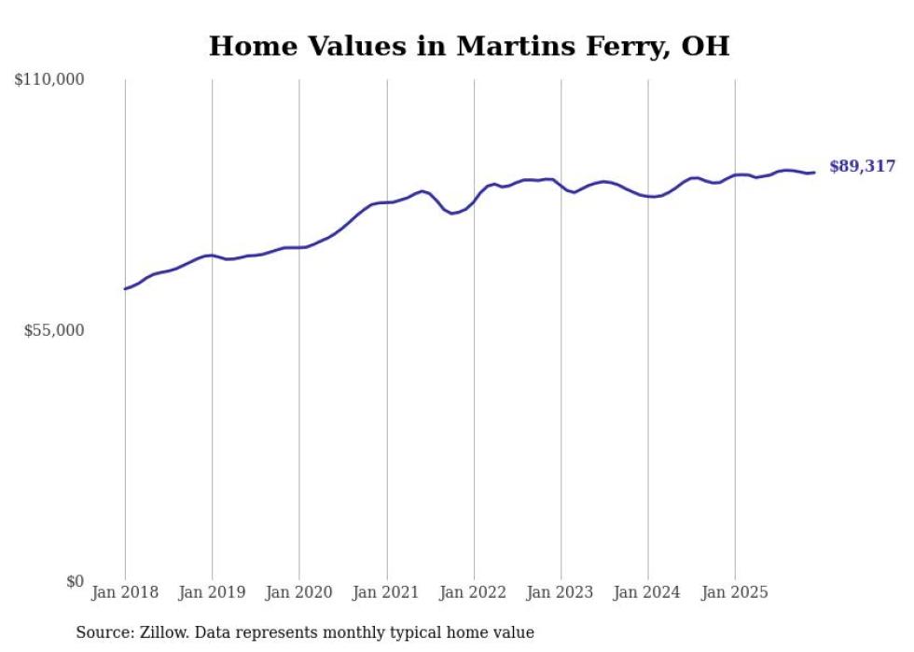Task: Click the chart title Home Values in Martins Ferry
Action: [x=468, y=45]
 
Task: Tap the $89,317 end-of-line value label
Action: [x=862, y=167]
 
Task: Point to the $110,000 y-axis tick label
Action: [x=49, y=80]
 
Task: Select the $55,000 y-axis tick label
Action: [x=53, y=330]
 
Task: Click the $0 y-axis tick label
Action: [x=75, y=581]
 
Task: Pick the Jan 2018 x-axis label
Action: [x=125, y=592]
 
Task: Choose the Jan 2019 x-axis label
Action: [x=212, y=592]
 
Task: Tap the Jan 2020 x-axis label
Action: [x=299, y=592]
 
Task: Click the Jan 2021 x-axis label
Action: [x=386, y=592]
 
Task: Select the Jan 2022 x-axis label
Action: [x=474, y=592]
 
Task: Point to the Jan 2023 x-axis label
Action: [x=561, y=592]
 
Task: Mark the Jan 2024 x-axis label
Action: [x=648, y=592]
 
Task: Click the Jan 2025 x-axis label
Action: [x=735, y=592]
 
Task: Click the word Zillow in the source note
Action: [x=165, y=632]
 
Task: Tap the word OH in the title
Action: [x=705, y=45]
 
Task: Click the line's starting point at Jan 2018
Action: [x=125, y=289]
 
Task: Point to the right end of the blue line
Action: [x=814, y=172]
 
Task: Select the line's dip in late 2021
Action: [x=452, y=214]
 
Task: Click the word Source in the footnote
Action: [x=104, y=632]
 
